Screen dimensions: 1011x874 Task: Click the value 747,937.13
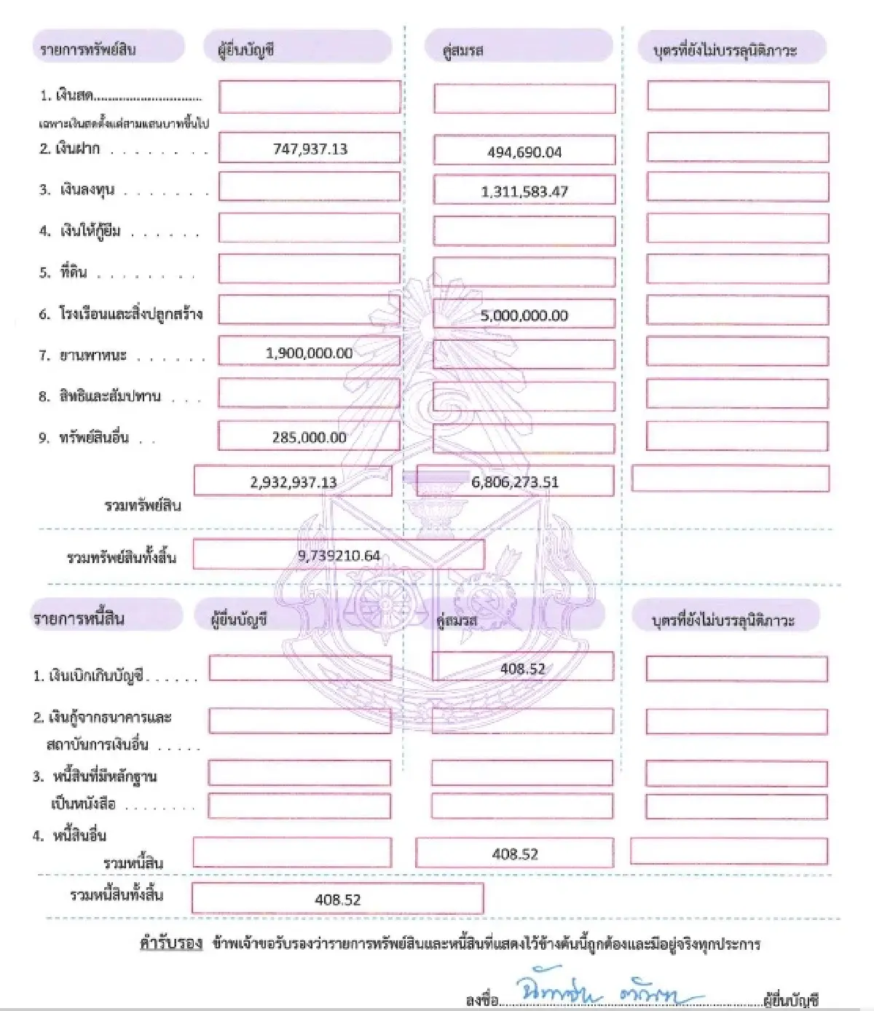click(x=310, y=149)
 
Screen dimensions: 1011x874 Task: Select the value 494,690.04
click(x=524, y=152)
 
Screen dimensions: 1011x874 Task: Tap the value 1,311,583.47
click(x=524, y=192)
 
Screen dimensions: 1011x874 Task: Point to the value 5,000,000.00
click(x=524, y=315)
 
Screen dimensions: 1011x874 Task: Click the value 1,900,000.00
click(x=309, y=353)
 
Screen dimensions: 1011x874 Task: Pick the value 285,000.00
click(x=309, y=438)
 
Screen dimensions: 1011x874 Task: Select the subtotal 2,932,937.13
click(x=293, y=482)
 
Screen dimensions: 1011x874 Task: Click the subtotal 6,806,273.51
click(x=515, y=482)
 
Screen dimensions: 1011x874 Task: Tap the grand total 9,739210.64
click(x=339, y=556)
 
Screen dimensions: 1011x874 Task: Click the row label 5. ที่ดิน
click(x=63, y=272)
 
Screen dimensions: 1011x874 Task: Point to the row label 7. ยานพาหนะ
click(x=83, y=355)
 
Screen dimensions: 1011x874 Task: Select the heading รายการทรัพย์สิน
click(x=88, y=50)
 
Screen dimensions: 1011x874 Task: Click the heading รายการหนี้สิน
click(x=79, y=619)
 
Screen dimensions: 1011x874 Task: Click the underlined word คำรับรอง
click(x=170, y=944)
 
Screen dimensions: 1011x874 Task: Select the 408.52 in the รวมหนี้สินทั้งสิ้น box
click(x=337, y=900)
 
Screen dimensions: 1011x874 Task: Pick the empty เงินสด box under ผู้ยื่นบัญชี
click(x=310, y=97)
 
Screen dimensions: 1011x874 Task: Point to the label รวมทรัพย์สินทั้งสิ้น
click(x=121, y=558)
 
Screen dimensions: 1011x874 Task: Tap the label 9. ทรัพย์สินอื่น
click(x=84, y=438)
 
